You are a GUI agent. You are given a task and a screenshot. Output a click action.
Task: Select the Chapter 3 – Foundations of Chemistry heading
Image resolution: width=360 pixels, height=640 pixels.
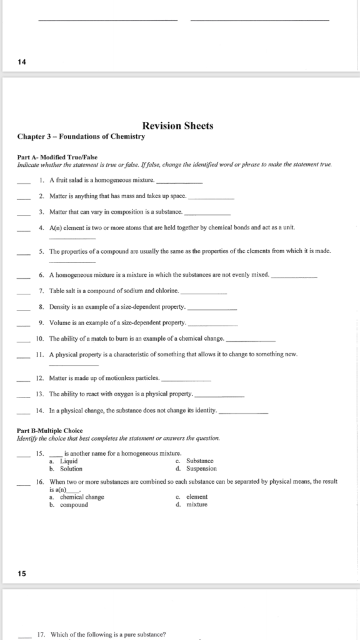point(81,136)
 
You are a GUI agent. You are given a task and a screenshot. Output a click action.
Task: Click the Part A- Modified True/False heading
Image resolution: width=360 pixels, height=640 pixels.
point(57,157)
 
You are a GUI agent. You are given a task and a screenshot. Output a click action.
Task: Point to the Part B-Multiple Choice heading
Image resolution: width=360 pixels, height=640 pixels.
point(49,431)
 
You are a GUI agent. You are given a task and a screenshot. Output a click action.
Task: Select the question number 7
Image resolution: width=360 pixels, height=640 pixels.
point(41,291)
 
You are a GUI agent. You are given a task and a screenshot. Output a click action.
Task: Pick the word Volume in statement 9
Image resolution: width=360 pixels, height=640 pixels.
point(60,322)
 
